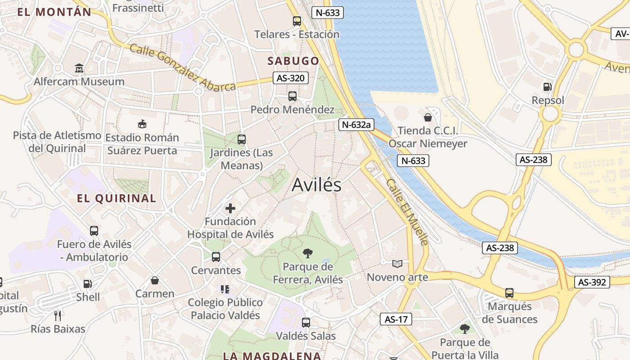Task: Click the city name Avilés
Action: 316,185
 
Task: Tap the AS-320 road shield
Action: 290,78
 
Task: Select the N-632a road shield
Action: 356,125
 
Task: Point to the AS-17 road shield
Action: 396,319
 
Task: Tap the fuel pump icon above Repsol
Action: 547,87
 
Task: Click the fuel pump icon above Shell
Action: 87,284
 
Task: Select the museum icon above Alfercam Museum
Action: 79,68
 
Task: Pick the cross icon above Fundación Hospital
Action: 230,208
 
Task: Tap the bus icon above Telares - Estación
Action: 297,21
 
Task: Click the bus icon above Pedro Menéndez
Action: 292,96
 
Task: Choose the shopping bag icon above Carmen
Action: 155,280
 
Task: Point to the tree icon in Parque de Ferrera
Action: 308,253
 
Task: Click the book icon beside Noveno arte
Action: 397,264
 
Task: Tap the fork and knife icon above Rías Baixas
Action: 58,315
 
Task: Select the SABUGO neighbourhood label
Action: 293,61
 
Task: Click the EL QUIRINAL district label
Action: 117,198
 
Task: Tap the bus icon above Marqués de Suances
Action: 509,293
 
